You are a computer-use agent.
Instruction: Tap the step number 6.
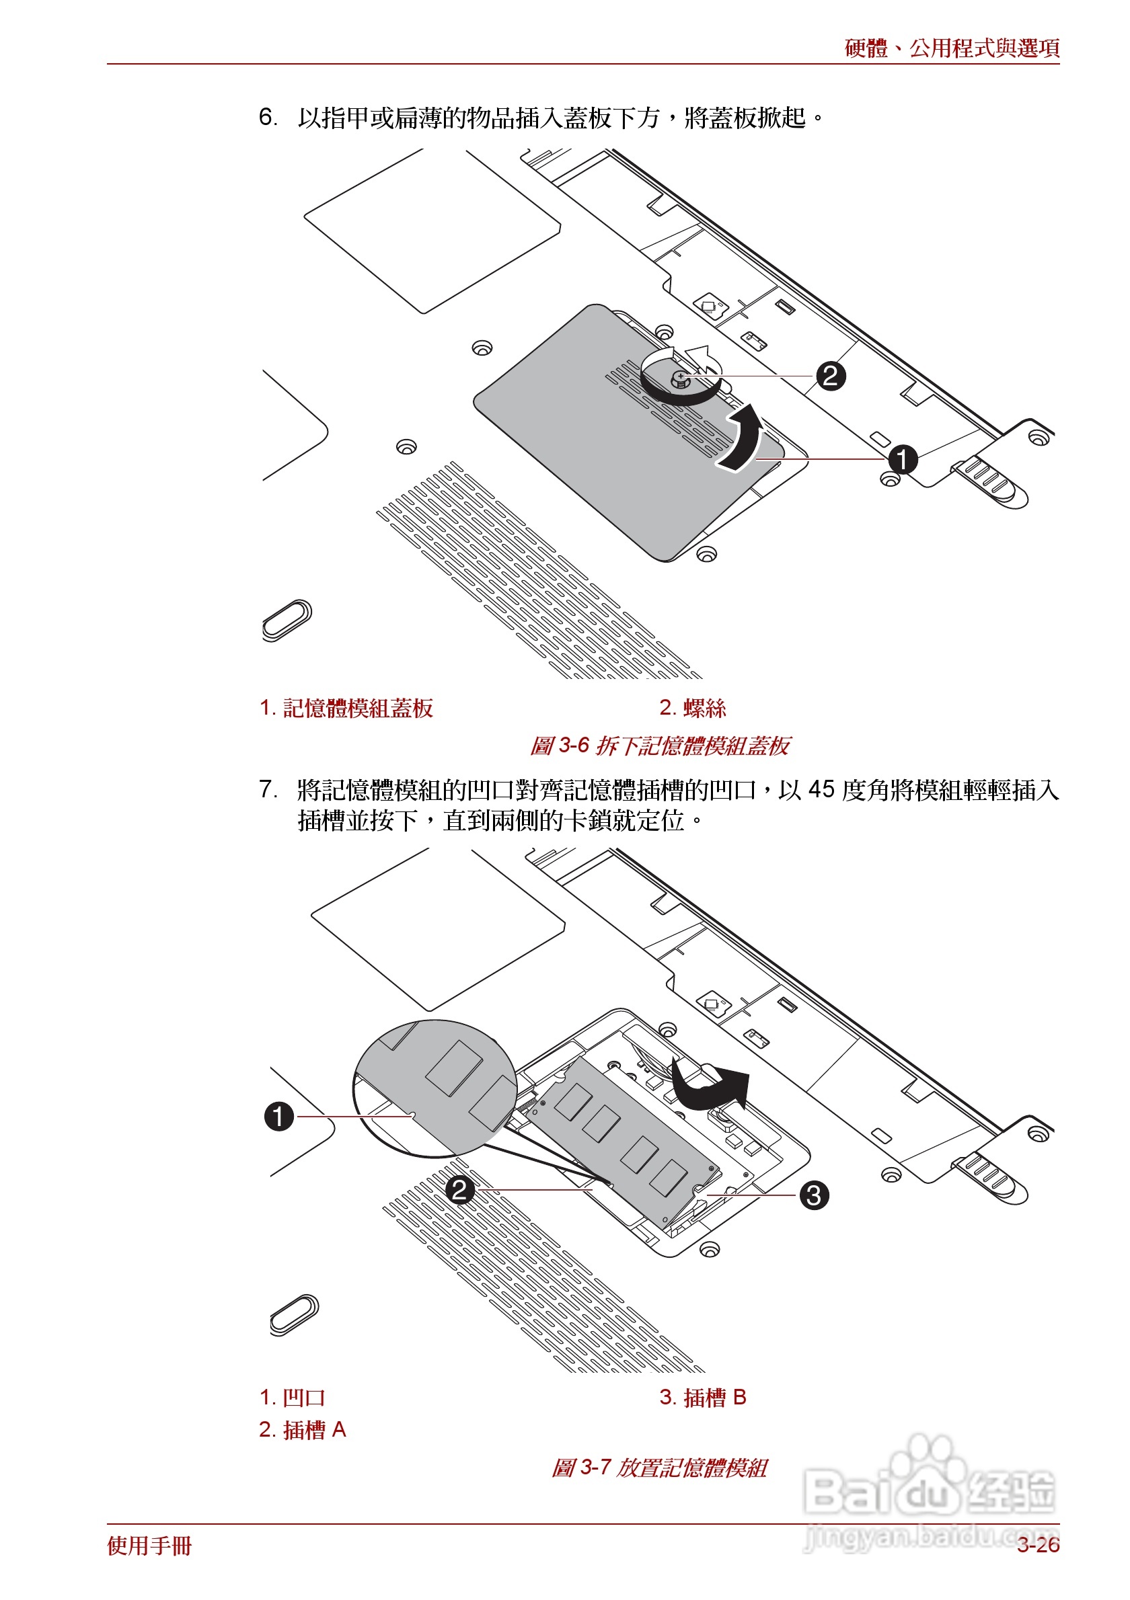(x=268, y=117)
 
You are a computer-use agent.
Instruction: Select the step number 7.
(x=268, y=789)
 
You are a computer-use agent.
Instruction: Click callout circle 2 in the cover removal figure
(x=829, y=376)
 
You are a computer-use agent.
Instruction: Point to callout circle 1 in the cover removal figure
(x=902, y=459)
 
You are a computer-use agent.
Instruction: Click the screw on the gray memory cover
(x=681, y=379)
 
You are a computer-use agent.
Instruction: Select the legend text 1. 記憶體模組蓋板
(x=346, y=708)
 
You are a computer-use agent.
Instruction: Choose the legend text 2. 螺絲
(x=692, y=708)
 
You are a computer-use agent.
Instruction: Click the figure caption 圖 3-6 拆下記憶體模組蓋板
(x=659, y=746)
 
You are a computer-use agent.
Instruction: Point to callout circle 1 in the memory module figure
(x=279, y=1116)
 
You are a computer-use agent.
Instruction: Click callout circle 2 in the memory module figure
(x=459, y=1189)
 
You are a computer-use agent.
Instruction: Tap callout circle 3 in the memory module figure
(x=813, y=1195)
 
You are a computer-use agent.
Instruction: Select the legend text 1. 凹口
(x=292, y=1397)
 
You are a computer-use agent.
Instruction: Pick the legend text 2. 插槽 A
(x=303, y=1429)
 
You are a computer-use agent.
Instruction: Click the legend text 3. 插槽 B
(x=703, y=1397)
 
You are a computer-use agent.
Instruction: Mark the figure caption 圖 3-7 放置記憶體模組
(x=659, y=1468)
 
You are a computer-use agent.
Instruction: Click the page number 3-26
(x=1037, y=1545)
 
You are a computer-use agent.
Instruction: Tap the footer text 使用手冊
(x=149, y=1546)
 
